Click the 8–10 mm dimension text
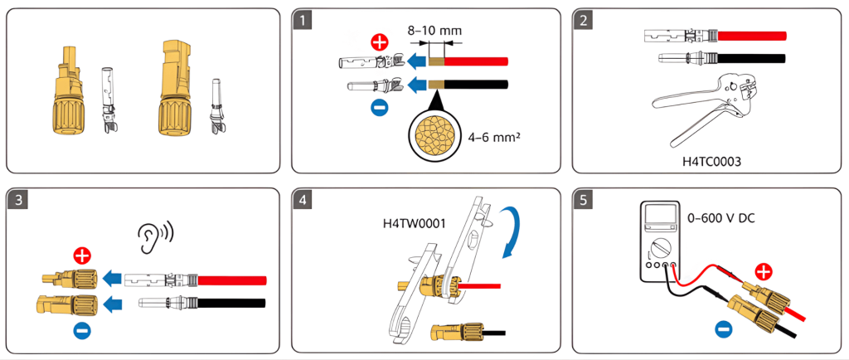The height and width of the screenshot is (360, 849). tap(434, 31)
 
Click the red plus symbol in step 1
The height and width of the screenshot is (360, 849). tap(380, 42)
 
